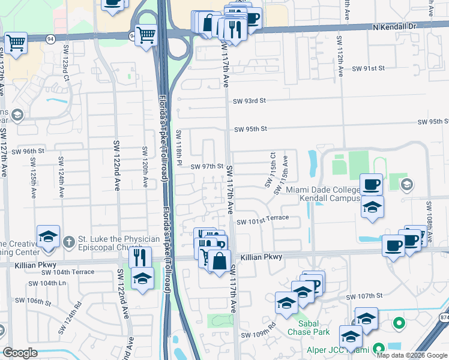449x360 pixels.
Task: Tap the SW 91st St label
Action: click(x=367, y=69)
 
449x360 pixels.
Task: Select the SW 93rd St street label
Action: click(x=250, y=101)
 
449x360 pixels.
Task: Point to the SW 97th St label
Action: click(x=207, y=166)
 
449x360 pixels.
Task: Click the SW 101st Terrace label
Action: click(x=262, y=220)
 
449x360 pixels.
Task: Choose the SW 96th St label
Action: click(x=28, y=151)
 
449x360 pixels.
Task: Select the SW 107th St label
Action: click(x=364, y=296)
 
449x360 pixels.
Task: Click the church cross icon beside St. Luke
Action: click(x=70, y=242)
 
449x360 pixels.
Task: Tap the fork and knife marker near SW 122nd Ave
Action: click(x=139, y=257)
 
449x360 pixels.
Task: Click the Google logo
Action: click(x=20, y=353)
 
